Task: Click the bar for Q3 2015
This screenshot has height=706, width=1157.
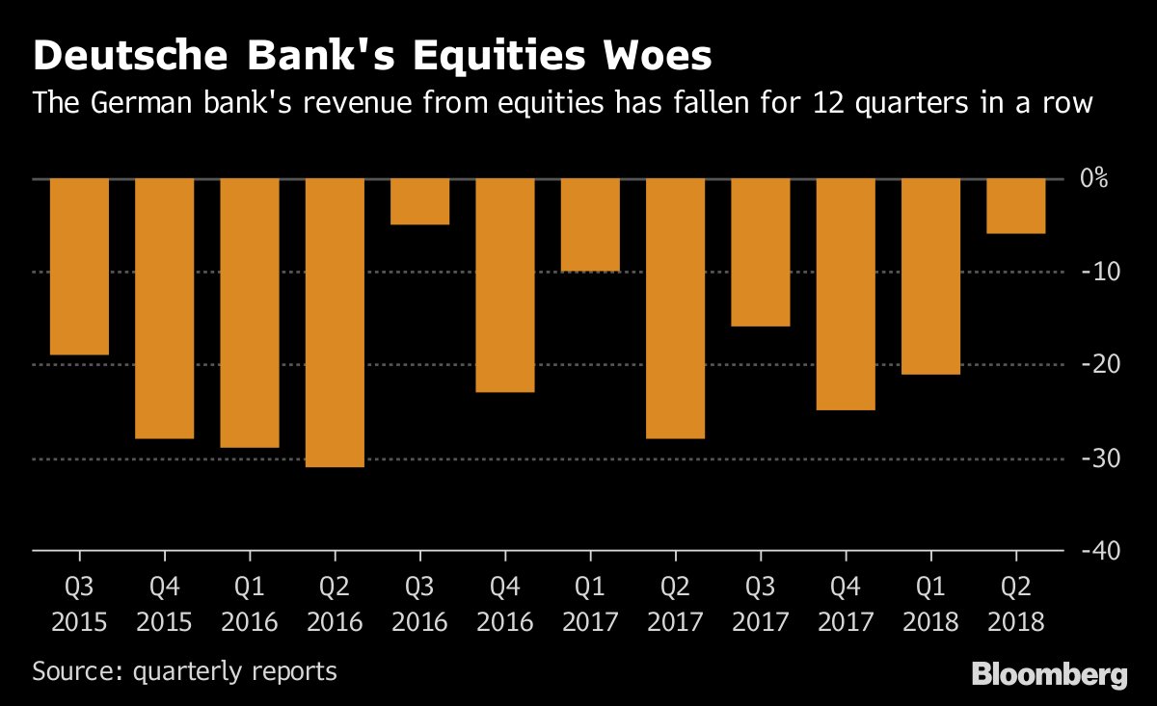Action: (x=79, y=267)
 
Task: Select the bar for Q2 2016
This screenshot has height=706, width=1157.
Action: (x=335, y=323)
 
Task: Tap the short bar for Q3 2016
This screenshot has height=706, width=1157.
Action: (x=419, y=201)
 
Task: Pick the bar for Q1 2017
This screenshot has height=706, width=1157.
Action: (x=590, y=224)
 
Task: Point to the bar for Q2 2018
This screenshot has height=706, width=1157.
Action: (x=1016, y=206)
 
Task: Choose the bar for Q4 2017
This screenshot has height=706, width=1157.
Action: (x=846, y=295)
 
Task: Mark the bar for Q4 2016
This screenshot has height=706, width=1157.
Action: (x=505, y=285)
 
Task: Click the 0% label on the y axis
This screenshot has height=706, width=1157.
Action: (x=1093, y=179)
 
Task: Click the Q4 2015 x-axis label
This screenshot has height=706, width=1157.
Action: (x=164, y=602)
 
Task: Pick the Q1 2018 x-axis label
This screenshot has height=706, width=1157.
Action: (x=930, y=602)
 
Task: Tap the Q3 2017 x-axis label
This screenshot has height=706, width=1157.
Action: (x=761, y=602)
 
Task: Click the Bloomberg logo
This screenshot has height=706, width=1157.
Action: (x=1049, y=674)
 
